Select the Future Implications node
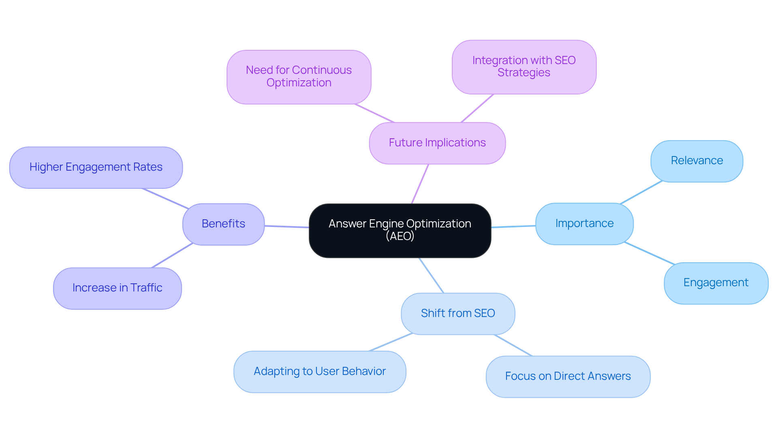(x=437, y=143)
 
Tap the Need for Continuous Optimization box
(x=299, y=77)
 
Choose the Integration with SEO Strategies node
(x=524, y=67)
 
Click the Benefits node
(x=223, y=224)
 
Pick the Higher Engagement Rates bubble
(x=96, y=167)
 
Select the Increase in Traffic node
(x=117, y=288)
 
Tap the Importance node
(x=584, y=224)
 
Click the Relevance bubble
(x=696, y=161)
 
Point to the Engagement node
(x=716, y=283)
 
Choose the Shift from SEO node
(x=457, y=313)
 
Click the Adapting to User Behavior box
(x=319, y=371)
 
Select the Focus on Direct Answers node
(x=567, y=376)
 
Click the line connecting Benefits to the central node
(x=286, y=227)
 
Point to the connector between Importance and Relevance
(x=641, y=192)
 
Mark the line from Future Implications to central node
(x=420, y=184)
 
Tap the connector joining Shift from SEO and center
(x=431, y=275)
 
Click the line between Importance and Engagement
(x=650, y=253)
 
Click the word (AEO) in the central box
(x=400, y=236)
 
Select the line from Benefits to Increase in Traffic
(x=172, y=255)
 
